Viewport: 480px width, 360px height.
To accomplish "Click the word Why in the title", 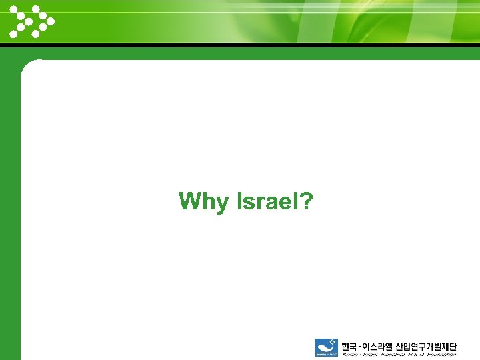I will [x=203, y=201].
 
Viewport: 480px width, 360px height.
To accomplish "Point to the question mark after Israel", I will [x=307, y=201].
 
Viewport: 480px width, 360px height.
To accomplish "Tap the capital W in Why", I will [x=191, y=201].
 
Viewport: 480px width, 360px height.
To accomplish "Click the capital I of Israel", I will [x=239, y=201].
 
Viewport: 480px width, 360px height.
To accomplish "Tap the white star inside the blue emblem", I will [x=326, y=343].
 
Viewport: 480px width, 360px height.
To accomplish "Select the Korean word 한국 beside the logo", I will [x=349, y=346].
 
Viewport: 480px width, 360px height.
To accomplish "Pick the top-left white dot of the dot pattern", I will [x=13, y=9].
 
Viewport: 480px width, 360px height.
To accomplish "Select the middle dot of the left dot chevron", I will [x=20, y=21].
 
